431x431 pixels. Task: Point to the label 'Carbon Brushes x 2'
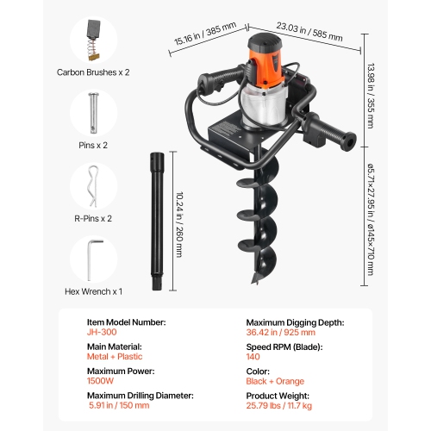(94, 73)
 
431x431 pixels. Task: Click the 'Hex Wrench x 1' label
(94, 291)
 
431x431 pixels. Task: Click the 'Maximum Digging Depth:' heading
(296, 322)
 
